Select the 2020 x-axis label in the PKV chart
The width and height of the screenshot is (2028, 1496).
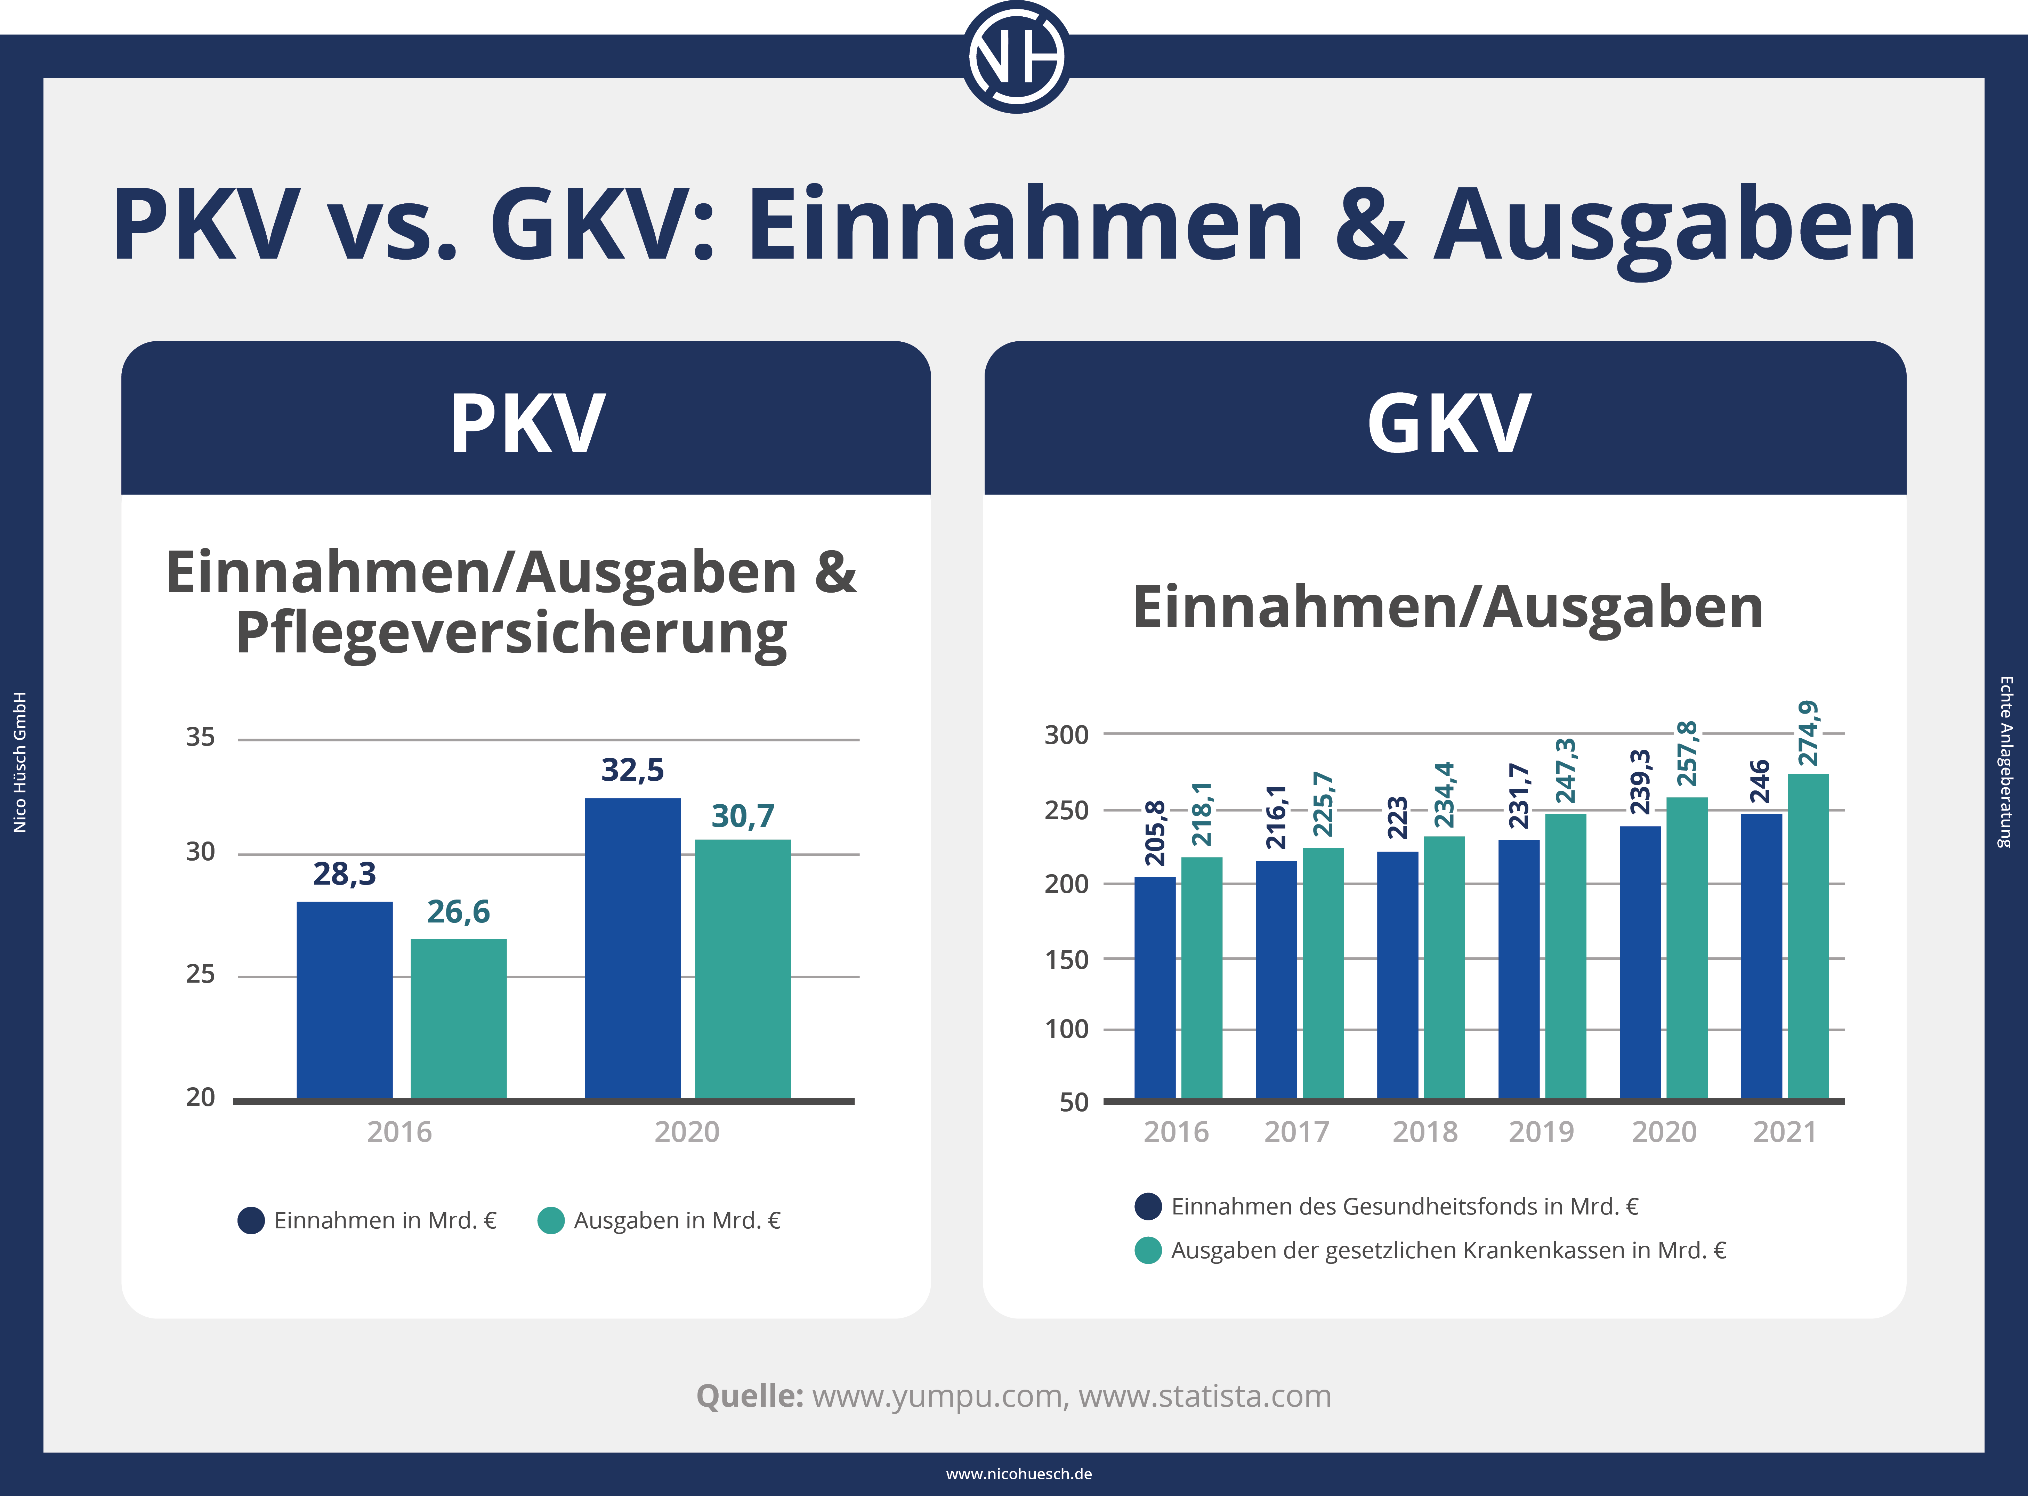click(687, 1132)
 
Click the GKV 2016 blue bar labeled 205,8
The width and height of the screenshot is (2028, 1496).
click(1155, 987)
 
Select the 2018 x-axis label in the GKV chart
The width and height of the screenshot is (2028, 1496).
click(1425, 1132)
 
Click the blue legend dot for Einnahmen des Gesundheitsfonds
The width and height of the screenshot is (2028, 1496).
click(1148, 1206)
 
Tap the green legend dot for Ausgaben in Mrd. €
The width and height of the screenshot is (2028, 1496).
click(551, 1221)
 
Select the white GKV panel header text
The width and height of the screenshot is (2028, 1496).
click(1447, 424)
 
